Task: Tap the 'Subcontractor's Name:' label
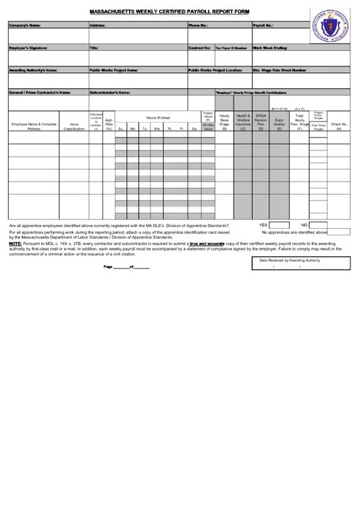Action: (x=109, y=92)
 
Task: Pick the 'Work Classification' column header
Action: (x=74, y=126)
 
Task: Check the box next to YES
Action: (x=283, y=226)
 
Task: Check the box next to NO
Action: (x=322, y=226)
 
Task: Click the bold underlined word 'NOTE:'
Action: (x=14, y=243)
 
